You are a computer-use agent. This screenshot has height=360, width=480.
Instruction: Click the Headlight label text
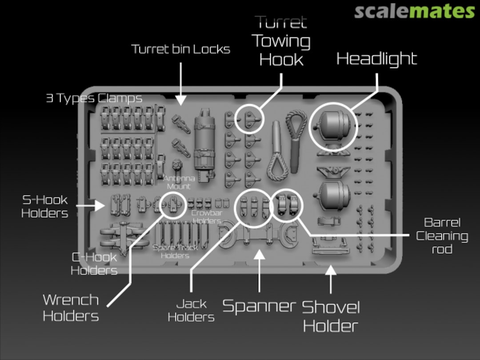[x=376, y=59]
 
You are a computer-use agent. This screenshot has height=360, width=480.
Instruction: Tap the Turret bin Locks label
[x=180, y=49]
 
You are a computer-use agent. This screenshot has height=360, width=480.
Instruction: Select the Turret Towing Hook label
[x=281, y=41]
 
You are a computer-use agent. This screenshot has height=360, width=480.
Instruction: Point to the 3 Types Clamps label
[x=94, y=98]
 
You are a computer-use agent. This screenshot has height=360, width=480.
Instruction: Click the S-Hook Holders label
[x=45, y=206]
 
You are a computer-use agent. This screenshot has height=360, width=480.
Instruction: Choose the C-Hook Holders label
[x=94, y=263]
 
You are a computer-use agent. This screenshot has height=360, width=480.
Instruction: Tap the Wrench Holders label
[x=71, y=308]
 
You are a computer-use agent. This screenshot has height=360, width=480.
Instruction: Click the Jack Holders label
[x=191, y=310]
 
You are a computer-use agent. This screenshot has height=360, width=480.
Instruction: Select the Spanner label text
[x=259, y=306]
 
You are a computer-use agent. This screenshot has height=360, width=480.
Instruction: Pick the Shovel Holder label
[x=331, y=316]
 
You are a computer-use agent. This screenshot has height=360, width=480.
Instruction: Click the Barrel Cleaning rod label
[x=442, y=236]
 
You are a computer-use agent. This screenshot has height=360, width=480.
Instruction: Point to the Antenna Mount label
[x=179, y=182]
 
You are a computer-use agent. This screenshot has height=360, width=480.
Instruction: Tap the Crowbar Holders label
[x=207, y=216]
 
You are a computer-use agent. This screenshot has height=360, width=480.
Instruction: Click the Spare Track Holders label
[x=175, y=251]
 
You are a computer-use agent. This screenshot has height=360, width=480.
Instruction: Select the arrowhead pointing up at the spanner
[x=259, y=254]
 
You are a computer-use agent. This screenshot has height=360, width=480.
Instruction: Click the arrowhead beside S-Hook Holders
[x=100, y=206]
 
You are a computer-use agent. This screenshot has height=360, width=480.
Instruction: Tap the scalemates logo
[x=414, y=11]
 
